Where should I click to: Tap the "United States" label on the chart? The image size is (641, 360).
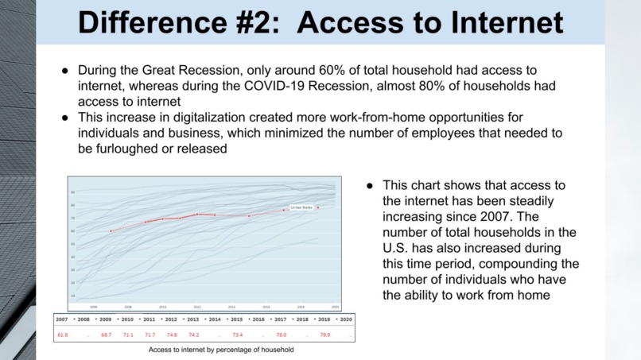click(302, 207)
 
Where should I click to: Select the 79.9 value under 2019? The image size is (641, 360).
click(324, 335)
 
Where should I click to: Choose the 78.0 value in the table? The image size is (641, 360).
click(281, 335)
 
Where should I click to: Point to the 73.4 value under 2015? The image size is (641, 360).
click(237, 335)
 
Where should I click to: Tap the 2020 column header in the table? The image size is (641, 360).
click(344, 319)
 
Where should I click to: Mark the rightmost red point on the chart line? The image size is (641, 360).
click(318, 208)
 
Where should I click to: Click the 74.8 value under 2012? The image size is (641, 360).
click(172, 335)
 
